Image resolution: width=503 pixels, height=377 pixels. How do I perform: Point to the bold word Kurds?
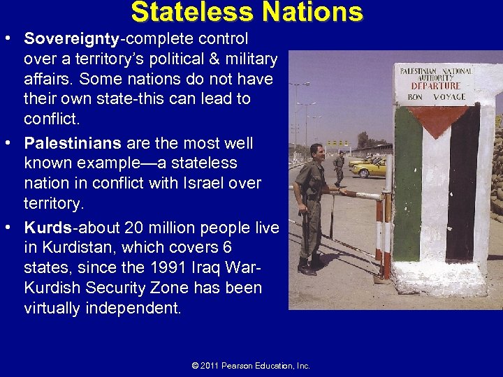point(47,228)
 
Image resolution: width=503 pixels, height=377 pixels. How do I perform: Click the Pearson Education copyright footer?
point(251,366)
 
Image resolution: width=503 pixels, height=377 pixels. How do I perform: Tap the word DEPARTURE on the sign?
point(435,86)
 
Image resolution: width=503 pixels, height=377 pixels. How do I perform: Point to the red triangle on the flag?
point(439,119)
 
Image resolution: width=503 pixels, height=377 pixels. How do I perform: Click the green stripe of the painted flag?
point(408,188)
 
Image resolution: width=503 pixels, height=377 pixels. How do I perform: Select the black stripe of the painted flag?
point(463,188)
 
